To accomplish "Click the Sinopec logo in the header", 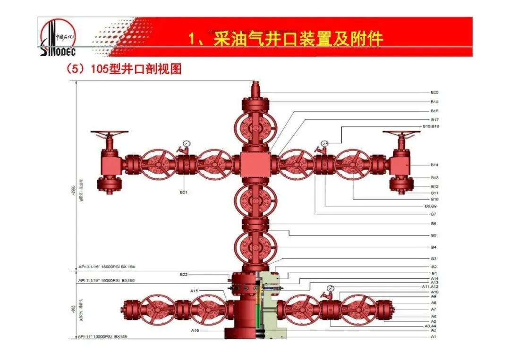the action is point(58,36).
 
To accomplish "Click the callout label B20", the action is point(434,92).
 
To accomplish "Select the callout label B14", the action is point(434,165).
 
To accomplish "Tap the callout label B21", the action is point(184,193).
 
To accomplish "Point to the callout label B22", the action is point(184,275).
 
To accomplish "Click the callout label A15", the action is point(194,291).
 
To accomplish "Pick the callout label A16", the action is point(194,331).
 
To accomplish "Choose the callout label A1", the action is point(433,337).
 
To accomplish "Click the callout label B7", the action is point(433,214).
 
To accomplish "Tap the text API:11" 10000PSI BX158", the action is point(103,337).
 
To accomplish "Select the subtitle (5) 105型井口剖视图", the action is point(124,70).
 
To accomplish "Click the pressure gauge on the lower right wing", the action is point(329,288).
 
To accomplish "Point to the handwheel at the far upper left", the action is point(109,133).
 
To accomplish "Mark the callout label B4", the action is point(433,247).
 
